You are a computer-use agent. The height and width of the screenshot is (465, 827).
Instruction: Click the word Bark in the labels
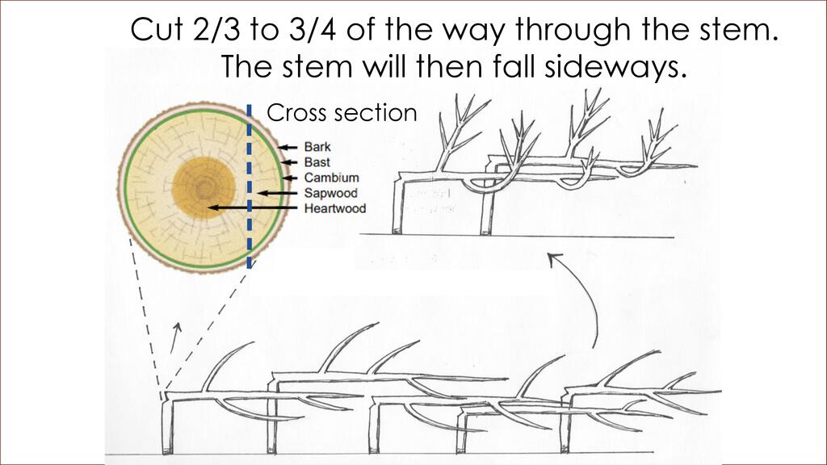pyautogui.click(x=317, y=147)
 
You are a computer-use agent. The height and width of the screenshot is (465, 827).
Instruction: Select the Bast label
pyautogui.click(x=317, y=162)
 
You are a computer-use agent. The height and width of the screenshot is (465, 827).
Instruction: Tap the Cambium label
pyautogui.click(x=331, y=178)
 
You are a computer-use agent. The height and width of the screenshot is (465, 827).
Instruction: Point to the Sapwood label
pyautogui.click(x=330, y=193)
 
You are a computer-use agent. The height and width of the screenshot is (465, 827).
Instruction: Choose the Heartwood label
pyautogui.click(x=335, y=208)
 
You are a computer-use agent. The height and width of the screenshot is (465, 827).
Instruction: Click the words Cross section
pyautogui.click(x=342, y=113)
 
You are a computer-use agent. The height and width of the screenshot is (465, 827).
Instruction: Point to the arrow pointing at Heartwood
pyautogui.click(x=252, y=207)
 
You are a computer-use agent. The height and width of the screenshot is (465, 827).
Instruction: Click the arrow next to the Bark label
pyautogui.click(x=288, y=147)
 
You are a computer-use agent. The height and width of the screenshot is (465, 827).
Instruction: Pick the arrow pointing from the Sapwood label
pyautogui.click(x=278, y=194)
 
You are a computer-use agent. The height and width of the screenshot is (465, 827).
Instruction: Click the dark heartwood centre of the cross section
pyautogui.click(x=204, y=186)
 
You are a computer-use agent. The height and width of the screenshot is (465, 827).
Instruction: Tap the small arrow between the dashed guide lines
pyautogui.click(x=176, y=337)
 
